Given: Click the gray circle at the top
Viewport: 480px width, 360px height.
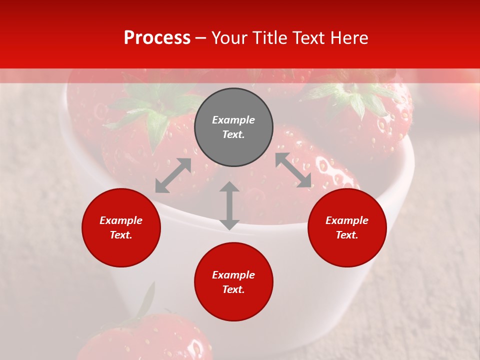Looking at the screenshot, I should tap(233, 127).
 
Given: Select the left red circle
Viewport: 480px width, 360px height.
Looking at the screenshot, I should tap(121, 227).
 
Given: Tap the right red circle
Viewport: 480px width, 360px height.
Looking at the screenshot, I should tap(347, 227).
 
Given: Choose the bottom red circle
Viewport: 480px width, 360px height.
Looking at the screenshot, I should tap(233, 282).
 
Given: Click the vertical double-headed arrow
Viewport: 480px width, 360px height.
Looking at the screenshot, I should tap(229, 205).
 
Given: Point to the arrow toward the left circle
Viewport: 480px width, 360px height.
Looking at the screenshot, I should tap(173, 175).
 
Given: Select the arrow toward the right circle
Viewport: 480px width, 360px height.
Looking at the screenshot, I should tap(293, 170).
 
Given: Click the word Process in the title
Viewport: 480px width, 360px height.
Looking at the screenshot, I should tap(157, 37).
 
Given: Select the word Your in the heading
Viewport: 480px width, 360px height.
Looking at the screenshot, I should tap(230, 37).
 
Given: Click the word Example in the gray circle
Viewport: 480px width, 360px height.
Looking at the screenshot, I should tap(233, 120).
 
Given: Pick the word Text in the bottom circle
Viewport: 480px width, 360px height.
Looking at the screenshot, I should tap(233, 289).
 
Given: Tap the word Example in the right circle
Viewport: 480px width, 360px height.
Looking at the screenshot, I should tap(347, 220).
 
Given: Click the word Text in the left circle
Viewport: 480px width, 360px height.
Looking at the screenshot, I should tap(121, 235).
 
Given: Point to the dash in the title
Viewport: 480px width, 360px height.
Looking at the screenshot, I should tap(201, 38).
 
